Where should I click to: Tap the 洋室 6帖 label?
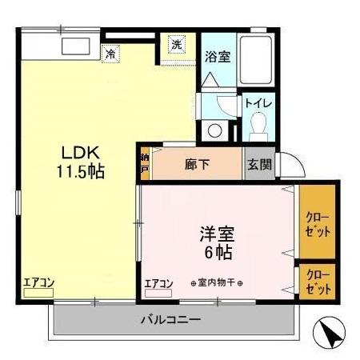point(216,244)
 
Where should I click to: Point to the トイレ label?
point(258,103)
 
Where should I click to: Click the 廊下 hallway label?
point(198,165)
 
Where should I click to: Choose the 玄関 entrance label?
point(259,165)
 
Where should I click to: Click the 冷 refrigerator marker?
point(110,54)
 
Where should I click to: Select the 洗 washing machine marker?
point(176,45)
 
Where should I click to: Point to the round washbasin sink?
point(214,130)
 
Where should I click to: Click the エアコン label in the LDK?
point(38,282)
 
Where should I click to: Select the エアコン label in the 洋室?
point(159,282)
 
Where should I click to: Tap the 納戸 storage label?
point(145,163)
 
